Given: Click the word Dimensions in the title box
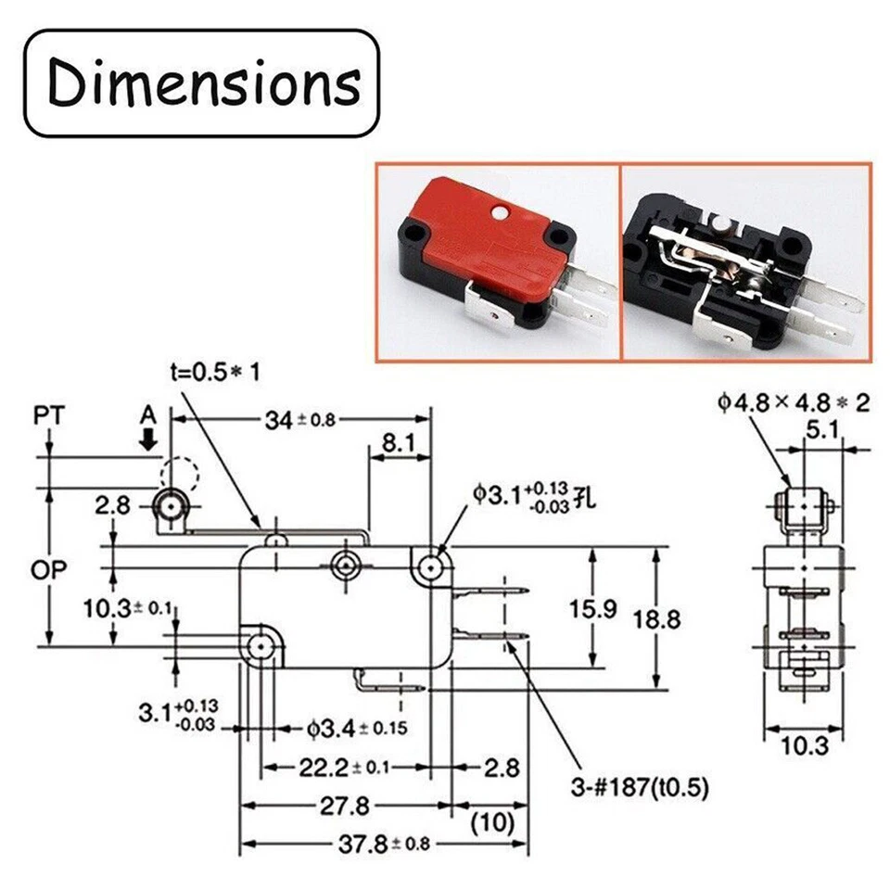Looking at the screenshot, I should click(x=203, y=83).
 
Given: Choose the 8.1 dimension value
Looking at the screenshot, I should click(x=400, y=445).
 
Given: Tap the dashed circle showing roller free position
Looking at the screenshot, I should click(x=179, y=476).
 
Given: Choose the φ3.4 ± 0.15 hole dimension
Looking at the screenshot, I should click(x=356, y=728).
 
